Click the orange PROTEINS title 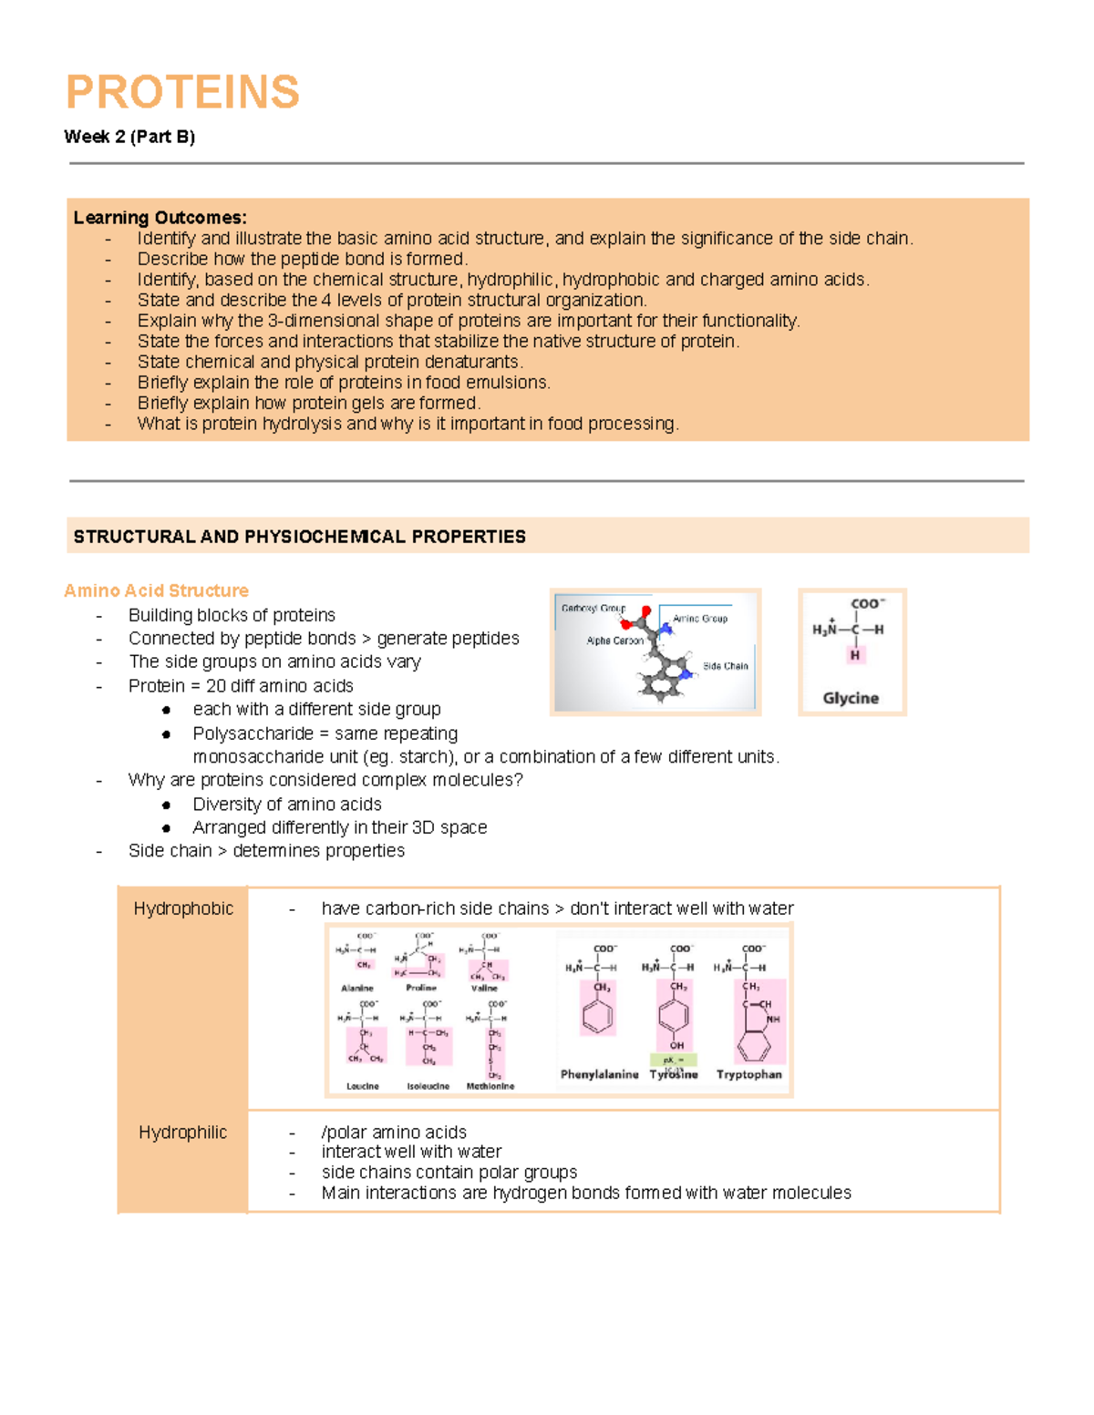182,92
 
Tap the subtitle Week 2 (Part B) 129,137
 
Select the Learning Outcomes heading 160,218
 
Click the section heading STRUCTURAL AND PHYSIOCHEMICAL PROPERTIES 299,537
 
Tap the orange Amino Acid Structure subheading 156,590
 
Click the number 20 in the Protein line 215,686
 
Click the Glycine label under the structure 851,698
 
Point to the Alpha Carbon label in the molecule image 614,641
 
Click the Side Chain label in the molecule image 726,666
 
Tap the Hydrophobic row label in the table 183,908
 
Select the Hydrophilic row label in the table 182,1133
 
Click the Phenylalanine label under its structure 599,1074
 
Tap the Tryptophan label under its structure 748,1074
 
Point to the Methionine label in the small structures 490,1086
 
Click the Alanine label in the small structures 357,988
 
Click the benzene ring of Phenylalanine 598,1015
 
